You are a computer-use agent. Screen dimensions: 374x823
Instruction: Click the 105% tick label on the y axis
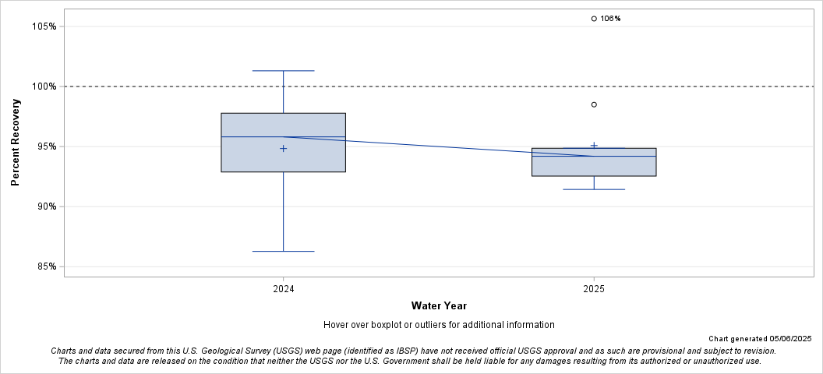click(x=44, y=26)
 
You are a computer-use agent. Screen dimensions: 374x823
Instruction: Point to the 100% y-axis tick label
click(x=44, y=86)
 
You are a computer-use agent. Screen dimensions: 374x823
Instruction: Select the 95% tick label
click(x=46, y=146)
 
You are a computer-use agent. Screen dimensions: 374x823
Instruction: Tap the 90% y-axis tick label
click(x=46, y=206)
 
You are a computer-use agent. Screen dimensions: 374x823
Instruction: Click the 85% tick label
click(x=46, y=266)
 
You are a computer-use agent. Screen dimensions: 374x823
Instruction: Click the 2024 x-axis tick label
click(x=283, y=289)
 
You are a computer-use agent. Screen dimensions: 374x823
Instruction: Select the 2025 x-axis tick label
click(x=594, y=289)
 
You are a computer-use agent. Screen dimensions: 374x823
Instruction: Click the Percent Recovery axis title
click(x=16, y=142)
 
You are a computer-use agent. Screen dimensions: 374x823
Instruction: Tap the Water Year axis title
click(x=439, y=306)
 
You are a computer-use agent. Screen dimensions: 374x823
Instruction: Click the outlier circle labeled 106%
click(x=594, y=19)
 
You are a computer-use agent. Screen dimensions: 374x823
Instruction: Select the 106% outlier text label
click(x=610, y=19)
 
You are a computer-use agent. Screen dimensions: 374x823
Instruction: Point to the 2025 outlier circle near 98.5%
click(x=594, y=104)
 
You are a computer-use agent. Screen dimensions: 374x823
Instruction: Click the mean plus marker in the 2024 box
click(x=283, y=148)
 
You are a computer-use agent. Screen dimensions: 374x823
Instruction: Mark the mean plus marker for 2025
click(x=594, y=146)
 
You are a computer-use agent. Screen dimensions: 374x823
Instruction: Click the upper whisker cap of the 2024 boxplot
click(x=283, y=71)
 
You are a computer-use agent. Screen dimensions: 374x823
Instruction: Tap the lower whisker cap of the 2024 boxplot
click(x=283, y=252)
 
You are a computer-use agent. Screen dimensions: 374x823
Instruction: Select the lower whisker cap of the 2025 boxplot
click(x=594, y=189)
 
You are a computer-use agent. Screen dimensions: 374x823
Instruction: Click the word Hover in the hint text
click(x=337, y=325)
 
